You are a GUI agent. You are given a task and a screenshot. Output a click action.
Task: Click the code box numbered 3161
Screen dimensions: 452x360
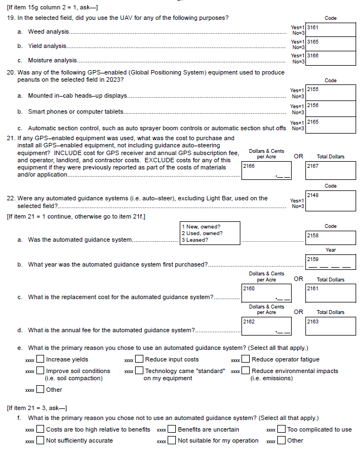330,29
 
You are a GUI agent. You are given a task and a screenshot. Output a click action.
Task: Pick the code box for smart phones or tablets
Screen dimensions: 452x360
330,108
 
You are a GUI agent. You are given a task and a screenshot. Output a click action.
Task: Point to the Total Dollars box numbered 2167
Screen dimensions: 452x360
330,171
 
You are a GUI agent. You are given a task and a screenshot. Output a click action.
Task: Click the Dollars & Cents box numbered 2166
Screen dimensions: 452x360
266,171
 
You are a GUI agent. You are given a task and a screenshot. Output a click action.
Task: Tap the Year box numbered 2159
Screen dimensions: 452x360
330,262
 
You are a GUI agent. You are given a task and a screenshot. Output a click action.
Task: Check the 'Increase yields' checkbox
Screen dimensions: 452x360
40,360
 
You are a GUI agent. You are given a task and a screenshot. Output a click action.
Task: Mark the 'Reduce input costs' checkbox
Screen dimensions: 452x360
140,360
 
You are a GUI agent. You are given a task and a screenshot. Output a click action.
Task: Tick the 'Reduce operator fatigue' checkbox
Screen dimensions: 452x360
246,360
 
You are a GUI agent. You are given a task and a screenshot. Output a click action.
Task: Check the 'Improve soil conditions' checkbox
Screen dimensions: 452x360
40,371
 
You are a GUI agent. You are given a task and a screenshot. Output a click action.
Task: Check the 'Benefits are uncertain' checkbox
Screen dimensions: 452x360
172,429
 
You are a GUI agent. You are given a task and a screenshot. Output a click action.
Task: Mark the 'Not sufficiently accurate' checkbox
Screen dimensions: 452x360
40,440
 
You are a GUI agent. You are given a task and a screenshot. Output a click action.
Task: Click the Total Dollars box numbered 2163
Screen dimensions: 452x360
330,327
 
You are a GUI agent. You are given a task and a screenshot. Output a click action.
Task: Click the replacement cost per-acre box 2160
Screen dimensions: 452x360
266,294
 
